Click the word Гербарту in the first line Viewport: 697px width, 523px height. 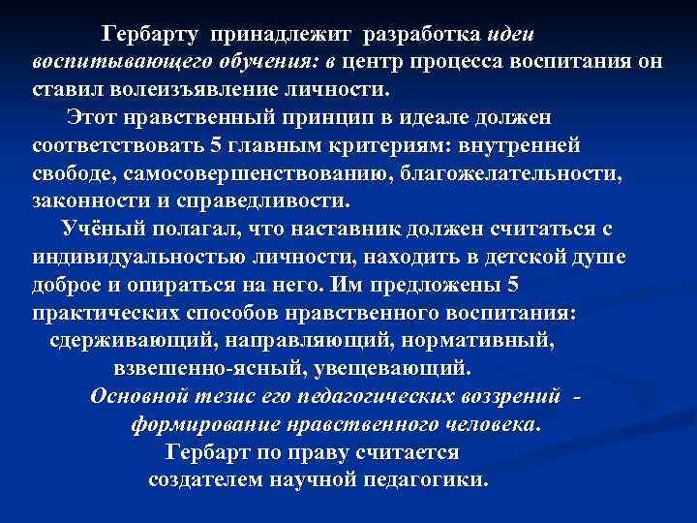tap(151, 35)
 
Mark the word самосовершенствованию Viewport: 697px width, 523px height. tap(253, 174)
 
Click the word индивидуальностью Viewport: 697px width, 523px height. tap(125, 258)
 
